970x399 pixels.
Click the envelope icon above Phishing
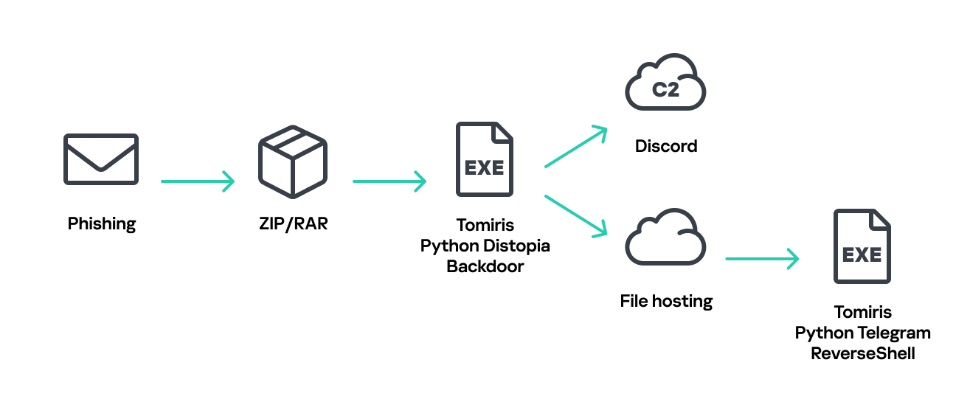(100, 159)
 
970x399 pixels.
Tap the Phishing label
(102, 223)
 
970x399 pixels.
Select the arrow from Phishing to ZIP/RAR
(197, 181)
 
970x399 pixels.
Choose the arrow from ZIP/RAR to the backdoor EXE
(389, 181)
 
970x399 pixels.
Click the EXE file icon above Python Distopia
(485, 159)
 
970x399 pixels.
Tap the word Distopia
(517, 246)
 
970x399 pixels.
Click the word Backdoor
(485, 266)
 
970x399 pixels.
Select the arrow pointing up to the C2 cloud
(575, 147)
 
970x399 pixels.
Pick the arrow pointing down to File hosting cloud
(575, 215)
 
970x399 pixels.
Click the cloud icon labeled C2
(665, 83)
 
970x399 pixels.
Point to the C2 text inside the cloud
(665, 90)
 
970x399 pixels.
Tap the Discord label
(665, 146)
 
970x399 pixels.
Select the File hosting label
(666, 301)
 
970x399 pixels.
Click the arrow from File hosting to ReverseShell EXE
(762, 259)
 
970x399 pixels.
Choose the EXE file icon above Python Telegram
(862, 246)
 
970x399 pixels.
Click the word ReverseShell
(862, 353)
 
